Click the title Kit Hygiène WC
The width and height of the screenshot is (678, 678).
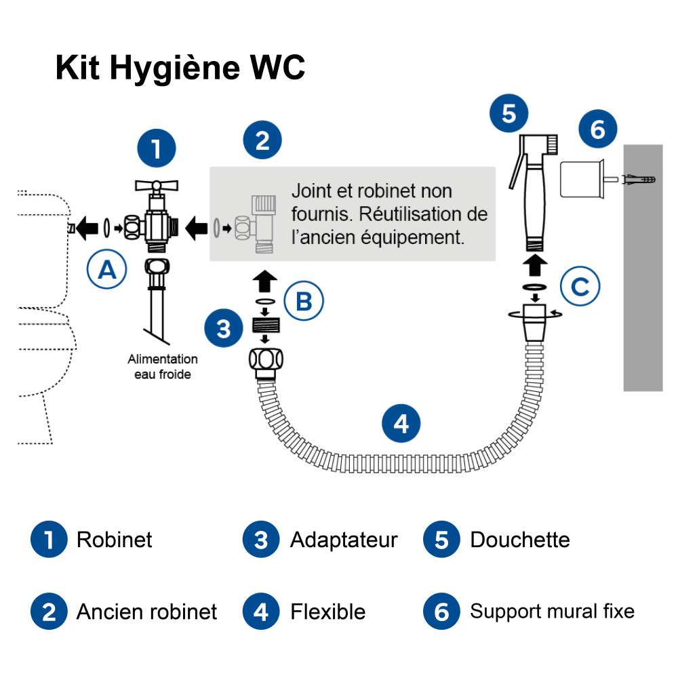(x=180, y=68)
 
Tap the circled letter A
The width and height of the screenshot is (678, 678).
(x=107, y=270)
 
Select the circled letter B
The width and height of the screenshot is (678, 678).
(x=304, y=301)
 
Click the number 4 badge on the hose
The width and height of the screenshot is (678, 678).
(x=401, y=424)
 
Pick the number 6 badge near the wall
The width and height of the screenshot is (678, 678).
(x=598, y=129)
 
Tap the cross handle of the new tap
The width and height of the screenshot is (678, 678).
(x=156, y=184)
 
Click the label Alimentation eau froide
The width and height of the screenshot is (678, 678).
(x=163, y=366)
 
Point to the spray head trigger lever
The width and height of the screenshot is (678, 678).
(x=515, y=173)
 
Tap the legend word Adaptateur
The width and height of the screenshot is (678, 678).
(x=344, y=540)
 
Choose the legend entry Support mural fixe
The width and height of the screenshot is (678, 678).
(x=552, y=612)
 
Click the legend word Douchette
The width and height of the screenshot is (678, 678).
(x=519, y=540)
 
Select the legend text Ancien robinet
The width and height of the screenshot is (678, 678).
(x=146, y=612)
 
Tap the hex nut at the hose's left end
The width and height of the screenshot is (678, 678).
(x=265, y=361)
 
